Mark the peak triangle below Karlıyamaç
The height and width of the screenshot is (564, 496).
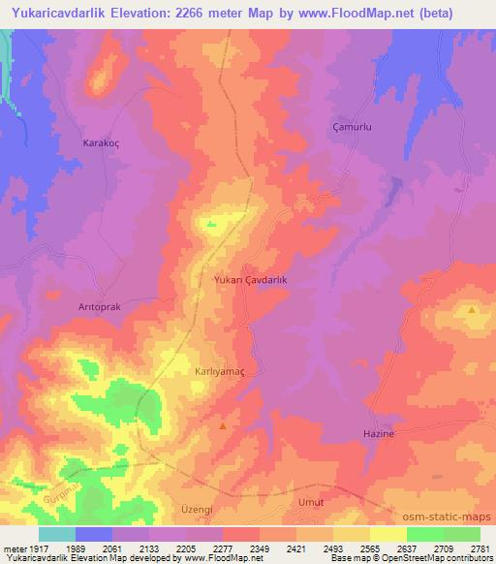click(x=224, y=425)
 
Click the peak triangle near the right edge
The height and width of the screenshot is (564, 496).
click(x=472, y=310)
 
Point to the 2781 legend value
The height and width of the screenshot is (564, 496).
click(x=480, y=549)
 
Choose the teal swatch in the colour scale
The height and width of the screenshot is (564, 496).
click(x=57, y=534)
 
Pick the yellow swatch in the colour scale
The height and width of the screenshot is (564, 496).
click(x=388, y=534)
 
